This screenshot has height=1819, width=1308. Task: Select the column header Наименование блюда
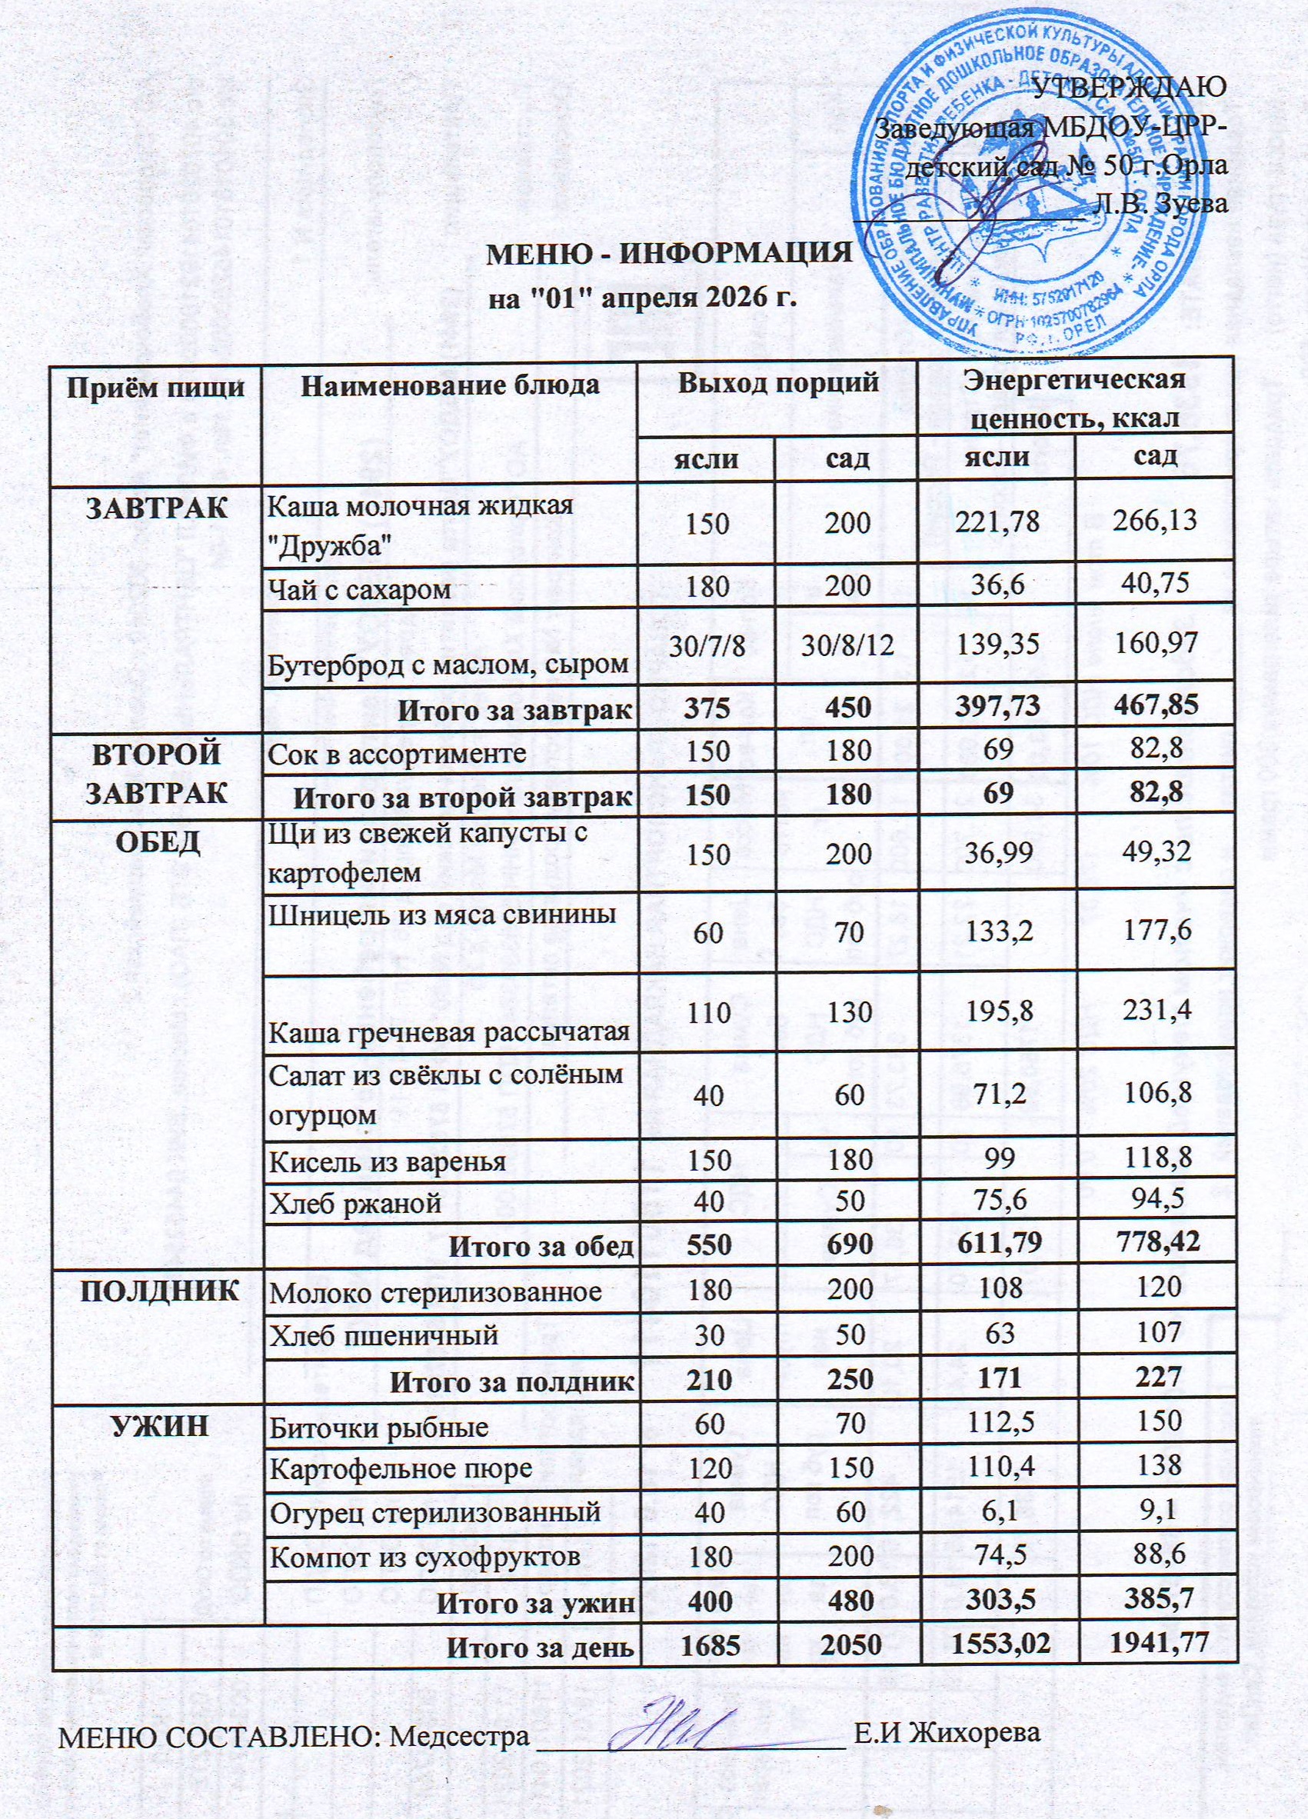point(449,386)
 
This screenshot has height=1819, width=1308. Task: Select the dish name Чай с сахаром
point(360,590)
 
